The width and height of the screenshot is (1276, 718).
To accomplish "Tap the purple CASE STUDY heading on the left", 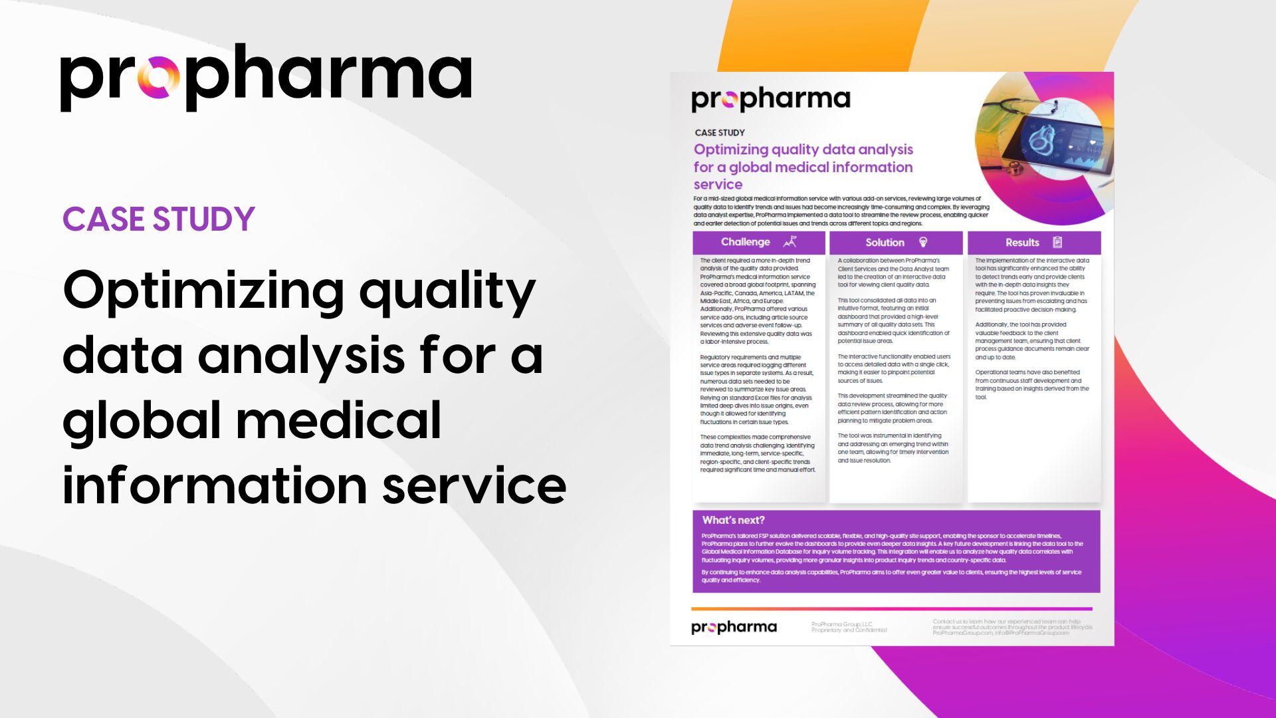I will (x=159, y=219).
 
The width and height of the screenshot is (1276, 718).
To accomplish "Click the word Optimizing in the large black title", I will (x=203, y=291).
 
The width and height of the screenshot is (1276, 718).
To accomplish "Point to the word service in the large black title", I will (x=474, y=485).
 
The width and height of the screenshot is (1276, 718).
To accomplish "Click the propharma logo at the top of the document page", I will (x=771, y=100).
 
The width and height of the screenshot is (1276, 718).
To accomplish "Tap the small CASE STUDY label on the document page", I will (x=720, y=132).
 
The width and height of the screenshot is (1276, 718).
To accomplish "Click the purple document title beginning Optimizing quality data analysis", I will (x=803, y=166).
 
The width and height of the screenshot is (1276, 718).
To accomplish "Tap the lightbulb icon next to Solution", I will (x=922, y=242).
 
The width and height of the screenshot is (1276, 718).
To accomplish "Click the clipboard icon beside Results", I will (x=1057, y=242).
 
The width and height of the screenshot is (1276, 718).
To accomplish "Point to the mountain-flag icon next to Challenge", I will (x=790, y=242).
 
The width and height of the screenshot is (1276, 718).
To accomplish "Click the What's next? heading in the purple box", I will (x=733, y=520).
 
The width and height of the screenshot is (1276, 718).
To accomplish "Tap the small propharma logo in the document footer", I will (x=734, y=627).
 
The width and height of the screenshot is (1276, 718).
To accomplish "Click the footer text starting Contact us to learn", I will (x=1011, y=627).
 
